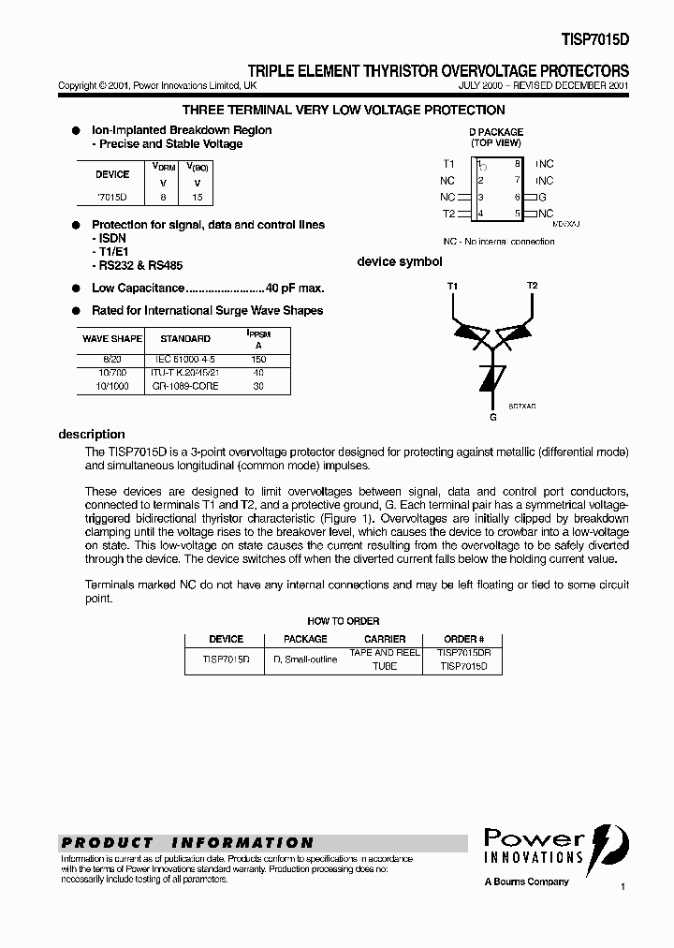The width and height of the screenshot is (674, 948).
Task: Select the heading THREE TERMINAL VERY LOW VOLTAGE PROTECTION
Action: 343,111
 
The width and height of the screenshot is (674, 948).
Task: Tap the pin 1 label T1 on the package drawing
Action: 448,163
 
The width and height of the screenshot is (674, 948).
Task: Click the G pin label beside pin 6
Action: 541,197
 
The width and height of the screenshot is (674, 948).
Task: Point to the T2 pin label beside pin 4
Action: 448,214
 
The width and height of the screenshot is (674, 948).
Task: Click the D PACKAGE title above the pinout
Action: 495,132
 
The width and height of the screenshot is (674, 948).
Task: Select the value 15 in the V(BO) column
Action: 197,198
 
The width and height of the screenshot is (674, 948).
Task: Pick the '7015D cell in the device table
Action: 112,198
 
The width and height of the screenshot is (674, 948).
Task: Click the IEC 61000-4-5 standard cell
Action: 183,358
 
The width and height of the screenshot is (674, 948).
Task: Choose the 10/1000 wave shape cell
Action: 111,386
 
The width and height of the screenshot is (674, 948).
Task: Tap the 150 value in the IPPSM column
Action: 257,358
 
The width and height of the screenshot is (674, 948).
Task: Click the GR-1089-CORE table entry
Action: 184,386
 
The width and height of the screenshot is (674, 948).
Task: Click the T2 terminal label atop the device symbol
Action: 532,285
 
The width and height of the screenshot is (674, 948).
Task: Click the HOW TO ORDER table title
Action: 343,621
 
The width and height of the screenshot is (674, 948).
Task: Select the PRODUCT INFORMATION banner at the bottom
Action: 187,842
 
